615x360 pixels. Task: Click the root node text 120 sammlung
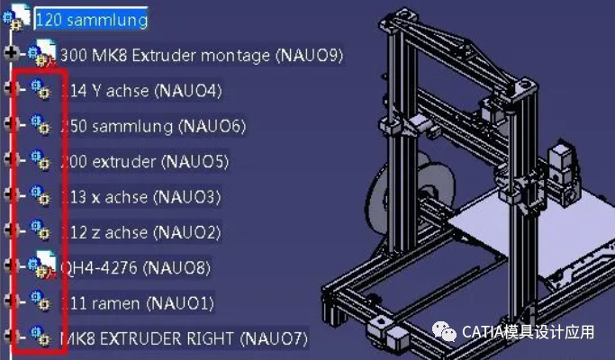click(x=92, y=19)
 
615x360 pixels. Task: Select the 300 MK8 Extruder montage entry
click(x=203, y=56)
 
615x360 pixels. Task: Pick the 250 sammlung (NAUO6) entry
click(x=153, y=126)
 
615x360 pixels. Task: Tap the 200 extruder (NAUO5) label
click(x=145, y=162)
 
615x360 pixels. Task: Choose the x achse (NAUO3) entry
click(x=140, y=197)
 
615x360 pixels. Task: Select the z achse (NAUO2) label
click(x=140, y=232)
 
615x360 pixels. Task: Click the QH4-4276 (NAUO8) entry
click(x=135, y=267)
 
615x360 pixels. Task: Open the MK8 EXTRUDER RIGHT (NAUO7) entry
click(x=184, y=338)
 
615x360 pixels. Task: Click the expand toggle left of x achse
click(x=12, y=196)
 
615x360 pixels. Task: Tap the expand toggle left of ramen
click(x=12, y=302)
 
